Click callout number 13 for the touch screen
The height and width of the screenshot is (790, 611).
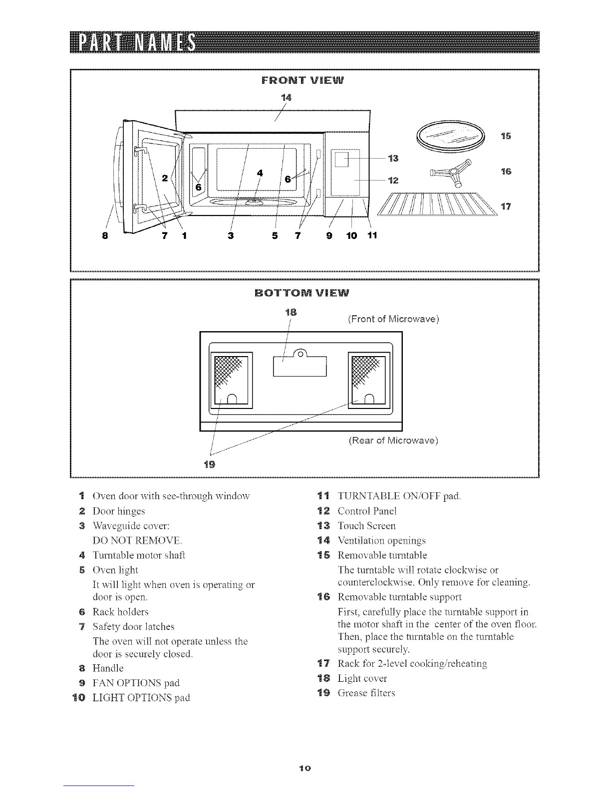click(x=393, y=159)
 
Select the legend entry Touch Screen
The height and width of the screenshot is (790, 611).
click(x=366, y=526)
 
